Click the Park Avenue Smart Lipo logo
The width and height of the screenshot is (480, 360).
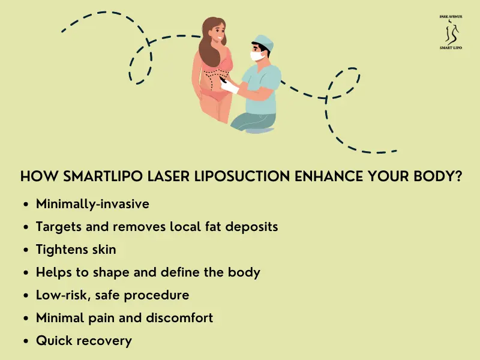(x=451, y=32)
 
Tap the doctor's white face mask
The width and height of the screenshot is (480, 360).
(x=257, y=56)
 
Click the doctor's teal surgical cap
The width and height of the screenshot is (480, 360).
(x=263, y=42)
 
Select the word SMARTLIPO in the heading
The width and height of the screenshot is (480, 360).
(x=103, y=176)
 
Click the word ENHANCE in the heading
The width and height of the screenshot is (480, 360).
(x=328, y=176)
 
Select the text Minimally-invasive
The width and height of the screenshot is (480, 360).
(x=92, y=204)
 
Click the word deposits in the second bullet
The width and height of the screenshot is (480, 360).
(x=251, y=227)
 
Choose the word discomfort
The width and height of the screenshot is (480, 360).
(x=179, y=318)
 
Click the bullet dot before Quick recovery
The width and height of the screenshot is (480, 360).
(x=26, y=341)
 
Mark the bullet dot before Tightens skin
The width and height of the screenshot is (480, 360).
(x=26, y=250)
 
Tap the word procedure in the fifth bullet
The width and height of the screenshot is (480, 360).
(x=157, y=296)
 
